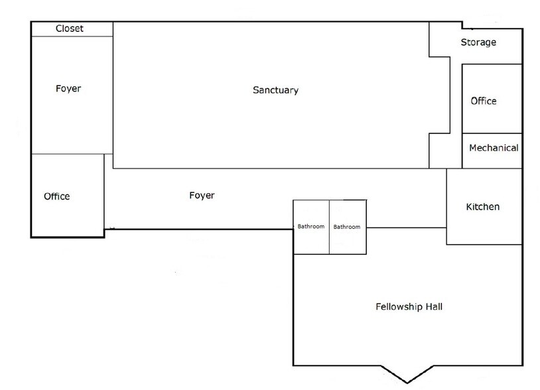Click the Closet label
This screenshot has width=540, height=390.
(70, 29)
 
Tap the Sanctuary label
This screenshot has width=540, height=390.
(275, 90)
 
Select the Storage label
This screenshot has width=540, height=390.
(478, 42)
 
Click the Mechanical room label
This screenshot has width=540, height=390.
(494, 148)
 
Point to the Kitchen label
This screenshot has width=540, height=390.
(483, 207)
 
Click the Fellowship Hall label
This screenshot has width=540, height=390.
(409, 306)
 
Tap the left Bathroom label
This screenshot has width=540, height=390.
(311, 227)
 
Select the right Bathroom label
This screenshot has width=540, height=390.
(347, 227)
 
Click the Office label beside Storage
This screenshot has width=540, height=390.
(484, 101)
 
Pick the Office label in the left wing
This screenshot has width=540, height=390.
(56, 196)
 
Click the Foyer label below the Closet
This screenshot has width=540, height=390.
(68, 88)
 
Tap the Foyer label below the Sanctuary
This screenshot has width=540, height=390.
(202, 195)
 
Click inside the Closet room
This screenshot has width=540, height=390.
(93, 29)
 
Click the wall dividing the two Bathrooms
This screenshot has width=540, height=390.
(330, 227)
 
